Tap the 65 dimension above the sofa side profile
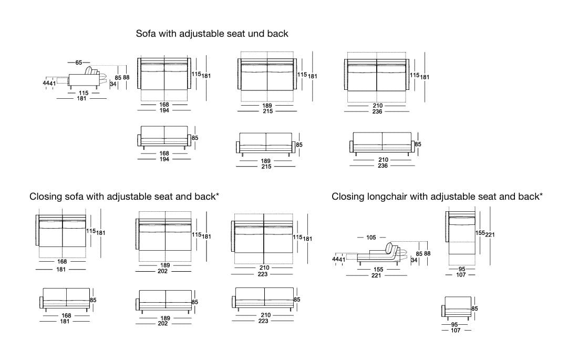[x=79, y=63]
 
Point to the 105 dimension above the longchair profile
[x=371, y=238]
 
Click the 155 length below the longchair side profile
[x=378, y=269]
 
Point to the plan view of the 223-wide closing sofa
[x=264, y=239]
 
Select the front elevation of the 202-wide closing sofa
[x=165, y=301]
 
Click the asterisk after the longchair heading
[x=541, y=195]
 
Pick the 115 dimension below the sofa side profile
[x=84, y=92]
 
